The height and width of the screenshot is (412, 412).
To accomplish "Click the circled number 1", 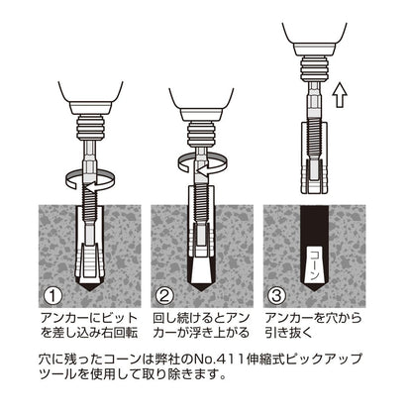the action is (52, 296).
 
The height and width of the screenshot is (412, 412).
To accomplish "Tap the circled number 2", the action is (164, 296).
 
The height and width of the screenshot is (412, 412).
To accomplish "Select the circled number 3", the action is (276, 296).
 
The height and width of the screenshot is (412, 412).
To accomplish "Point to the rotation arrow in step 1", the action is (91, 180).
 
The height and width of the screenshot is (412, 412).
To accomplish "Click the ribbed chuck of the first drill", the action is (91, 128).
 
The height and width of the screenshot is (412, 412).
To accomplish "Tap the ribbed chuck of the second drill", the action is (201, 135).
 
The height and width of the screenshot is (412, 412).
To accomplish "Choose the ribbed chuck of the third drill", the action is (314, 69).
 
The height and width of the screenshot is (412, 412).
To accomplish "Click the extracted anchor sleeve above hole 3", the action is (314, 157).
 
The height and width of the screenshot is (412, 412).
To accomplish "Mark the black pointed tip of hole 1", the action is (90, 287).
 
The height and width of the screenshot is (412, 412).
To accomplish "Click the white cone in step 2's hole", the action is (201, 269).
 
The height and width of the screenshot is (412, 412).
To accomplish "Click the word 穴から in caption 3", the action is (343, 318).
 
